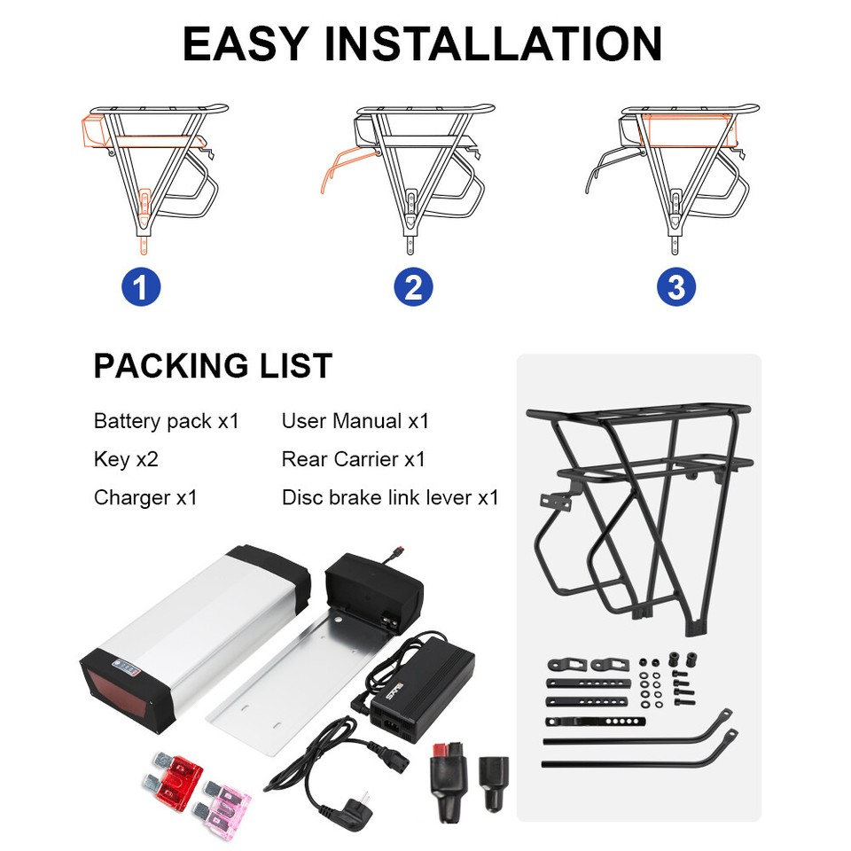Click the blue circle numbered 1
tap(141, 287)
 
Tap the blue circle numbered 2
tap(413, 287)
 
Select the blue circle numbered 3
tap(676, 287)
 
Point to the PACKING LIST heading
tap(213, 365)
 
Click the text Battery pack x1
tap(167, 421)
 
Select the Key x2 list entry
tap(126, 459)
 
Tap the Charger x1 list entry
tap(145, 497)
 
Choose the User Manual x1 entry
tap(355, 421)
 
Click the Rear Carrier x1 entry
tap(353, 459)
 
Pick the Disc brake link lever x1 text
tap(390, 497)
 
